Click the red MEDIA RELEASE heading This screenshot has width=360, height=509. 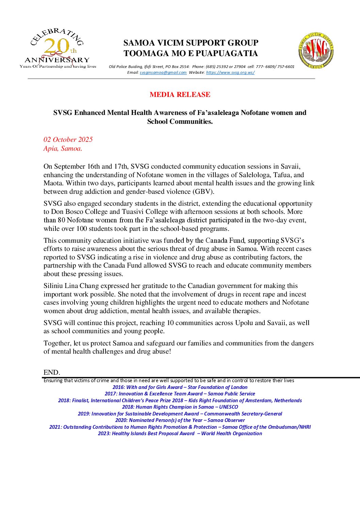pos(180,95)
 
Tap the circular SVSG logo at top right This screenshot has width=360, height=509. pos(316,51)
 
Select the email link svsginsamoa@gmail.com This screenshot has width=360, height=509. pos(163,72)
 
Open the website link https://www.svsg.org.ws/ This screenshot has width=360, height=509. pos(230,72)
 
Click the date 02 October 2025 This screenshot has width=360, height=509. pos(68,139)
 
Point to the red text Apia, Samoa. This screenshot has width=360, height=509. pos(63,148)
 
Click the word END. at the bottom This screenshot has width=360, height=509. pos(52,372)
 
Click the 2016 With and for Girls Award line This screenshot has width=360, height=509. pos(180,387)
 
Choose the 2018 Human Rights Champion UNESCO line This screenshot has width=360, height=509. pos(180,407)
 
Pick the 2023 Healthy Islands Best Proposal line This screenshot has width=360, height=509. pos(180,434)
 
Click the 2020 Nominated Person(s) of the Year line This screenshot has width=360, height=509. pos(180,420)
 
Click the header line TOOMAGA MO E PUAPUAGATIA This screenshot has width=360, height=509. pos(191,53)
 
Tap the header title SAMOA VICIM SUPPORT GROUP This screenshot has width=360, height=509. pos(191,43)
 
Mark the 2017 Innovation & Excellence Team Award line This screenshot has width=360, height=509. pos(180,394)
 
